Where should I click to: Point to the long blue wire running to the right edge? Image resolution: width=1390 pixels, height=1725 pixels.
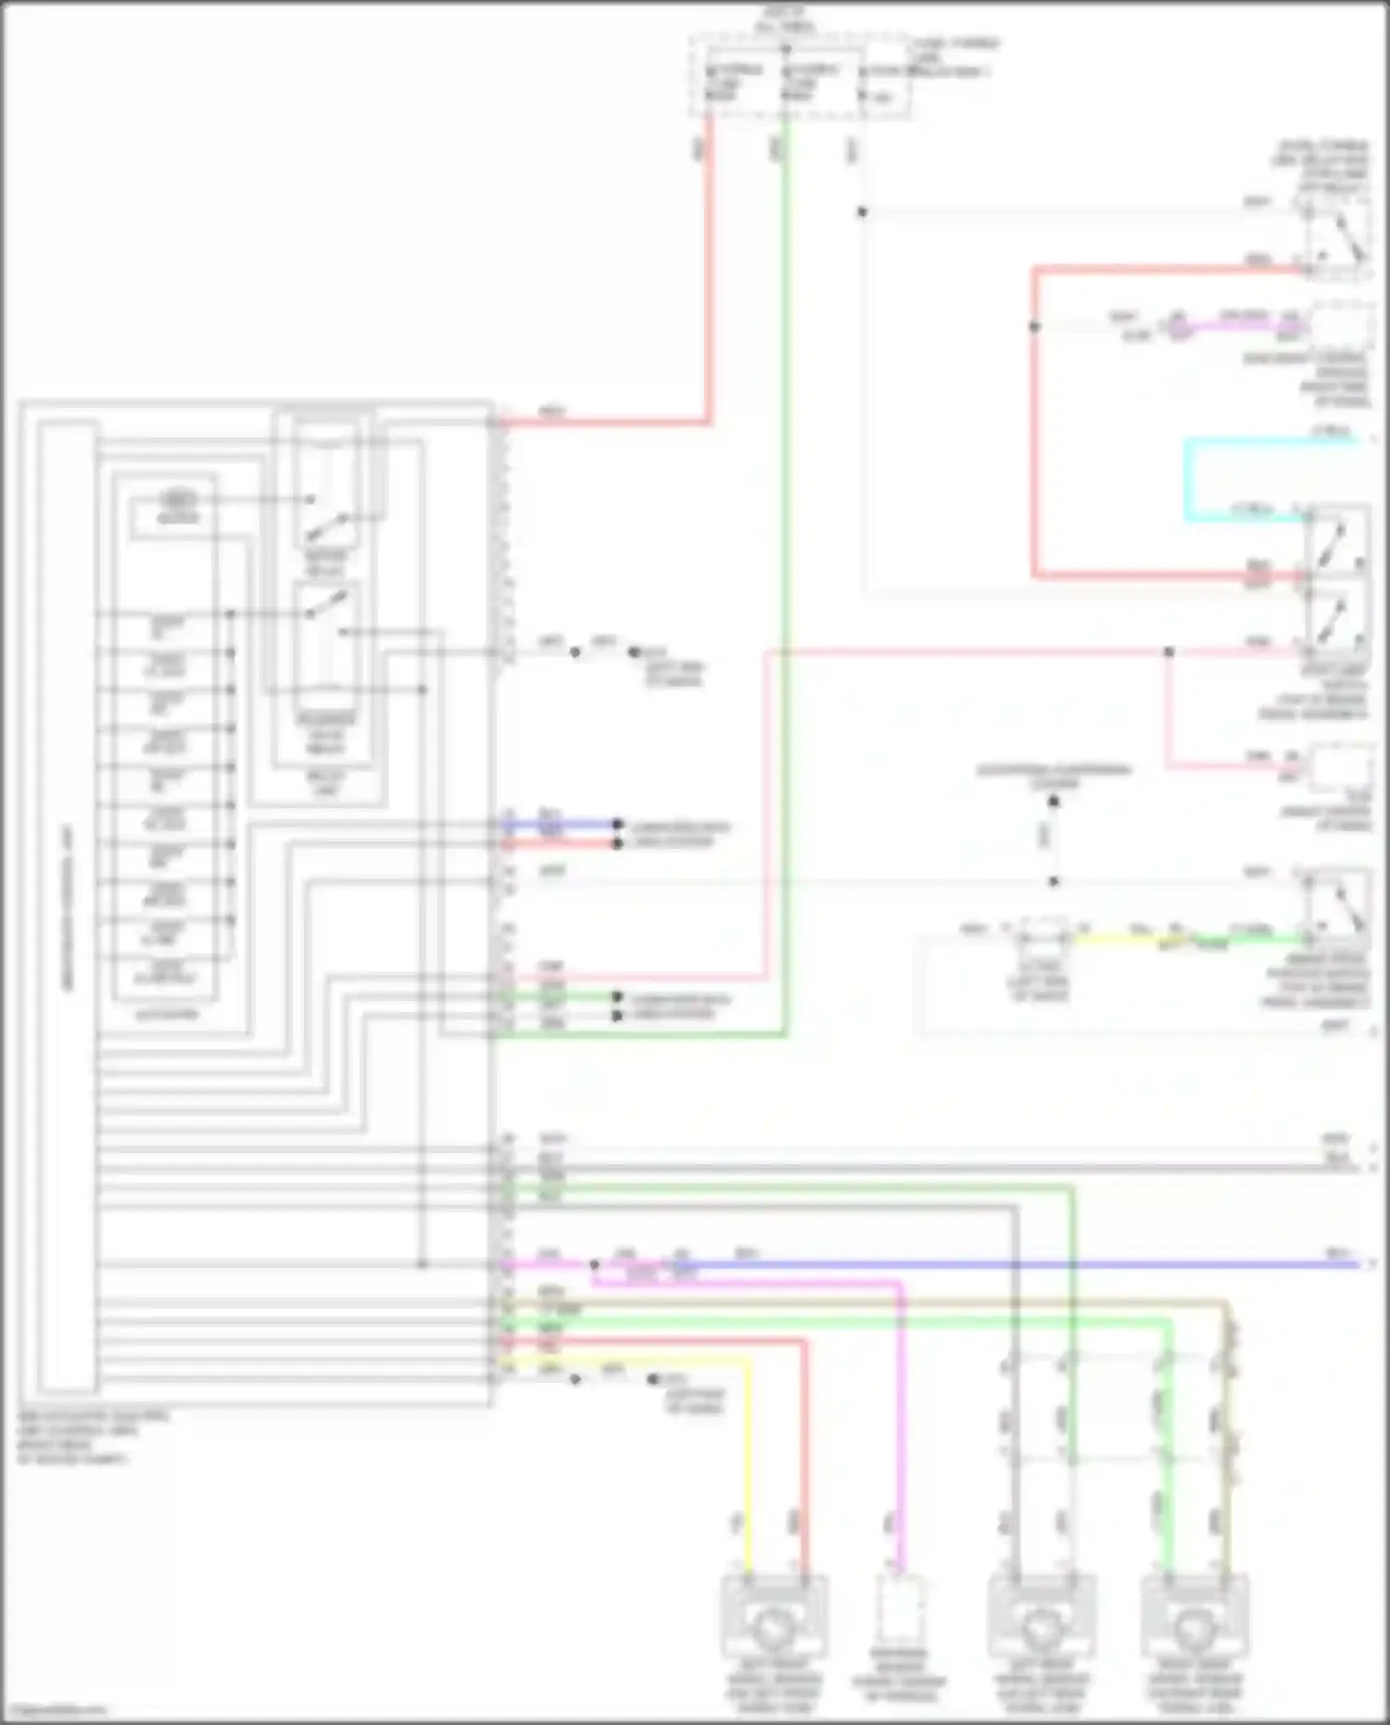(1019, 1264)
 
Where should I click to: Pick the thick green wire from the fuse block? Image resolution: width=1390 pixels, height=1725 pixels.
(785, 556)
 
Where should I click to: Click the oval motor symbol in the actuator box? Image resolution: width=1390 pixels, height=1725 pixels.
(179, 500)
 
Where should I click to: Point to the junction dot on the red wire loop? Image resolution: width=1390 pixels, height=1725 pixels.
(1034, 326)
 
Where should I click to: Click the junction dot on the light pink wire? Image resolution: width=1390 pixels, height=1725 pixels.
(1169, 653)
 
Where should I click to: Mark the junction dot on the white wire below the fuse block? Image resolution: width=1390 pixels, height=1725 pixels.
(862, 212)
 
